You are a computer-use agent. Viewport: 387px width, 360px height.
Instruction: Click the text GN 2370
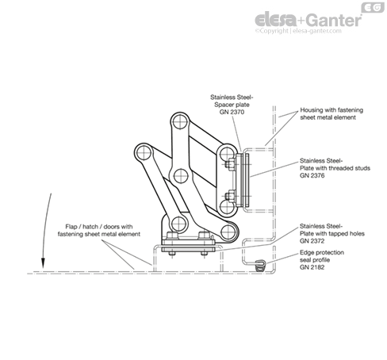point(232,112)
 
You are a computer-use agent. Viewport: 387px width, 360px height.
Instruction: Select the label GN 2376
point(312,175)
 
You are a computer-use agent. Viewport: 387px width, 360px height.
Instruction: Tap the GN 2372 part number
point(312,241)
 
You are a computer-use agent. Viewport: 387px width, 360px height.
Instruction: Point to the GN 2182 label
point(312,267)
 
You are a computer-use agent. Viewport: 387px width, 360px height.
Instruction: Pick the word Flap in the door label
point(71,227)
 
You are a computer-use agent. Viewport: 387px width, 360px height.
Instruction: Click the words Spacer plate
point(232,105)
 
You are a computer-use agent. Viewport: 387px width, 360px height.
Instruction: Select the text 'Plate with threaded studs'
point(335,168)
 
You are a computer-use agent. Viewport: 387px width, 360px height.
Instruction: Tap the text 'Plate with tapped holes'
point(332,234)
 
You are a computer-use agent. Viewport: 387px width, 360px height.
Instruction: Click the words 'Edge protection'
point(322,252)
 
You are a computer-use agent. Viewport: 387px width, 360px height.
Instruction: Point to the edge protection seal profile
point(260,265)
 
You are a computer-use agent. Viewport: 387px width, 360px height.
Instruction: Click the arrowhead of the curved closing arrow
point(43,265)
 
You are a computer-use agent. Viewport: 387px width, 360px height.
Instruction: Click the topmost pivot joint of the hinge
point(180,122)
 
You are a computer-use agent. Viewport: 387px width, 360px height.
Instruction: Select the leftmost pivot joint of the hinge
point(144,153)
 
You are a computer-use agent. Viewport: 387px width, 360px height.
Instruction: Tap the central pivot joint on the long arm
point(181,176)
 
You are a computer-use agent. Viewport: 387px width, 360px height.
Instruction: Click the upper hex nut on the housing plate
point(230,164)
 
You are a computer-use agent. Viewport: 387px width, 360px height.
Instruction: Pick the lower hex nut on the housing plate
point(230,197)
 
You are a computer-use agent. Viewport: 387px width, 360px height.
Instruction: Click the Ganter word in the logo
point(334,20)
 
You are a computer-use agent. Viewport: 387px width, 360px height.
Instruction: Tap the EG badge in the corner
point(373,7)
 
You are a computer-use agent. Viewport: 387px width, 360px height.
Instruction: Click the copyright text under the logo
point(298,31)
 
